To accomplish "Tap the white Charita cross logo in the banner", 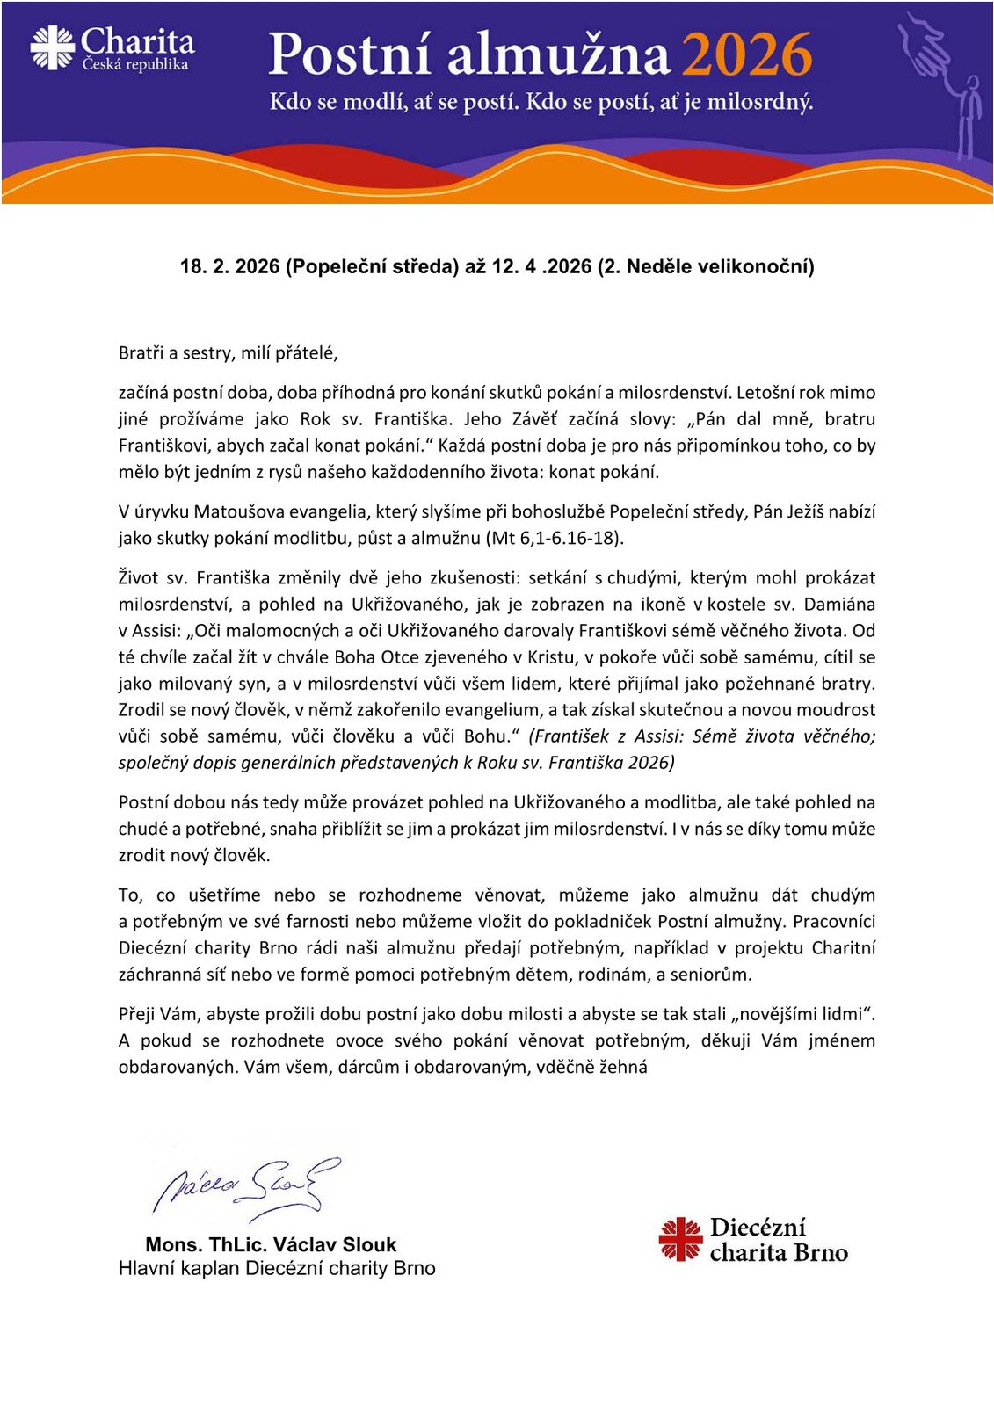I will (53, 47).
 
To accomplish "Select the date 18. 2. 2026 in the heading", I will (229, 266).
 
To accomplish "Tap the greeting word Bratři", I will (141, 353).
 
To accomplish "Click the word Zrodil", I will (143, 709).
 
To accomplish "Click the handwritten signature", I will (246, 1186).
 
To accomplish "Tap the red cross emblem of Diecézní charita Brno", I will (680, 1239).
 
